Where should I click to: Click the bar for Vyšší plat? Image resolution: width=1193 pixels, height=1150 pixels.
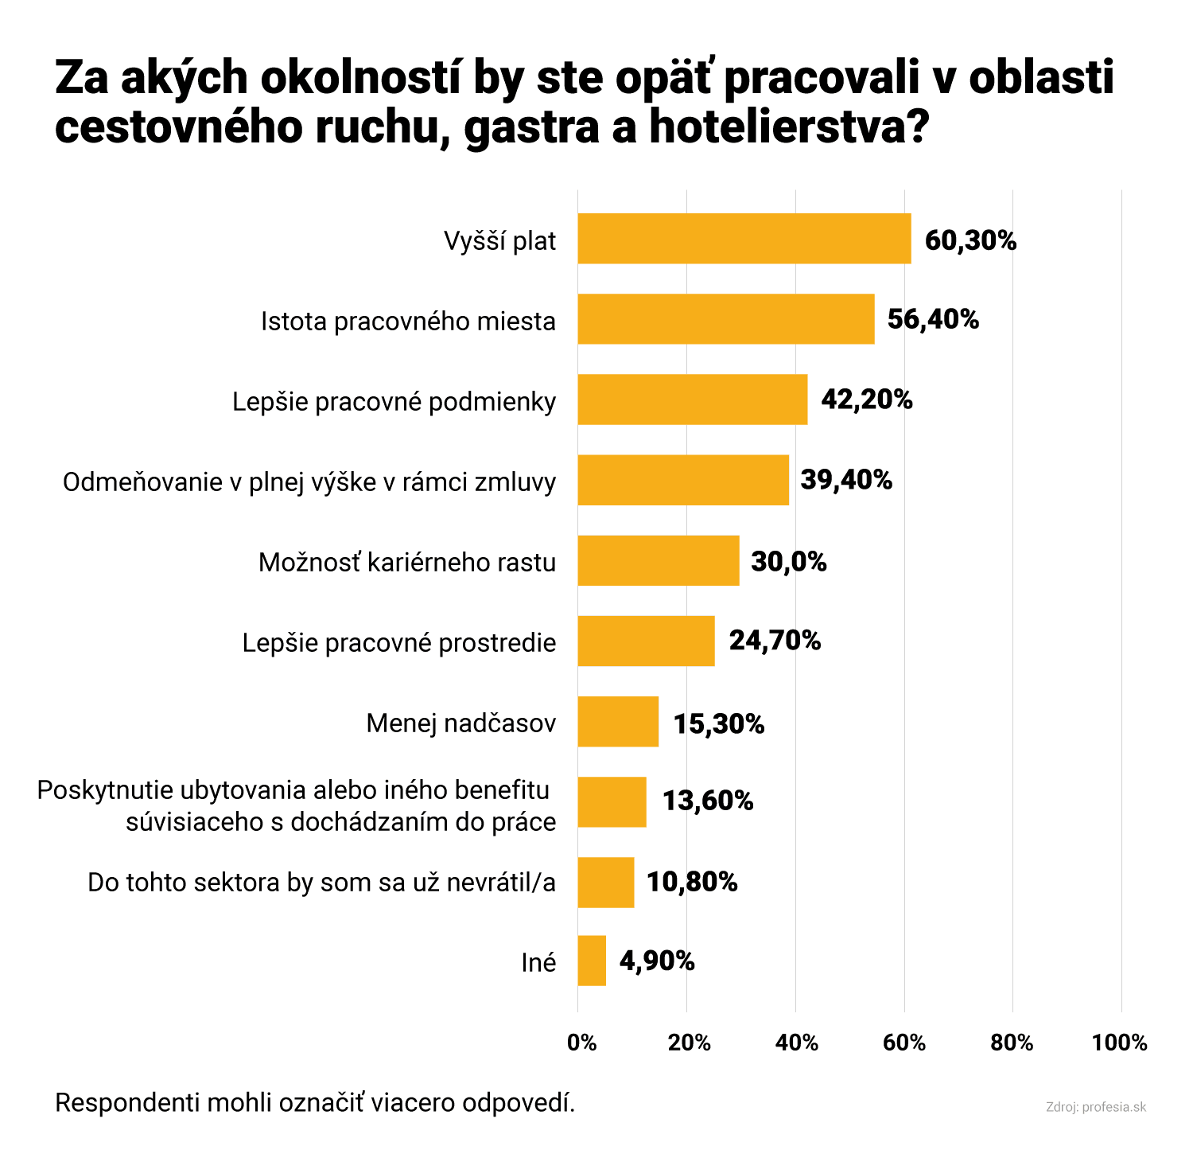[x=744, y=239]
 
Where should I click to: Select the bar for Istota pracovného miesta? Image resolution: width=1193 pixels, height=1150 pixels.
[x=725, y=319]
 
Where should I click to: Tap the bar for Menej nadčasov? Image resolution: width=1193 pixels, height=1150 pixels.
[x=618, y=722]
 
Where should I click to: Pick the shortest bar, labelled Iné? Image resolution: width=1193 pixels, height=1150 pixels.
[x=592, y=961]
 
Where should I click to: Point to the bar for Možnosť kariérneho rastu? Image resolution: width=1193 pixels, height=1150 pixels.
[x=658, y=560]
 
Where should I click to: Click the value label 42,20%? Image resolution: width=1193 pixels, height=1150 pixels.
[x=866, y=400]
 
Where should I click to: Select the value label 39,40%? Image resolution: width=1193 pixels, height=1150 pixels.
[x=846, y=480]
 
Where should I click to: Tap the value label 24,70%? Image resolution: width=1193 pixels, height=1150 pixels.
[x=775, y=640]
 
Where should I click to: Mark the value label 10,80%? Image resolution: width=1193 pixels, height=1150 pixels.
[x=692, y=882]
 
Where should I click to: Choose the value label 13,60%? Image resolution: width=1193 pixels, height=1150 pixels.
[x=708, y=801]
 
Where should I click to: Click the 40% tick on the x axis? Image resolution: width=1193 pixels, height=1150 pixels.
[x=797, y=1043]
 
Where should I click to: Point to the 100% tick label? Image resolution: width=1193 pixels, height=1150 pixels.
[x=1120, y=1043]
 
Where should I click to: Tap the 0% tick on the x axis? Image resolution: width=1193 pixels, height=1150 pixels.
[x=581, y=1043]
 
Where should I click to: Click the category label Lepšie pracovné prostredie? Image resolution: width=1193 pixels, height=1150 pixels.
[x=399, y=642]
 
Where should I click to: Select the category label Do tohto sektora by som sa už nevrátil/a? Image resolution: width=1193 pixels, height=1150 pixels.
[x=321, y=883]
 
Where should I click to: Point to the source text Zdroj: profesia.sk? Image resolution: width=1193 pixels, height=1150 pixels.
[x=1096, y=1107]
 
